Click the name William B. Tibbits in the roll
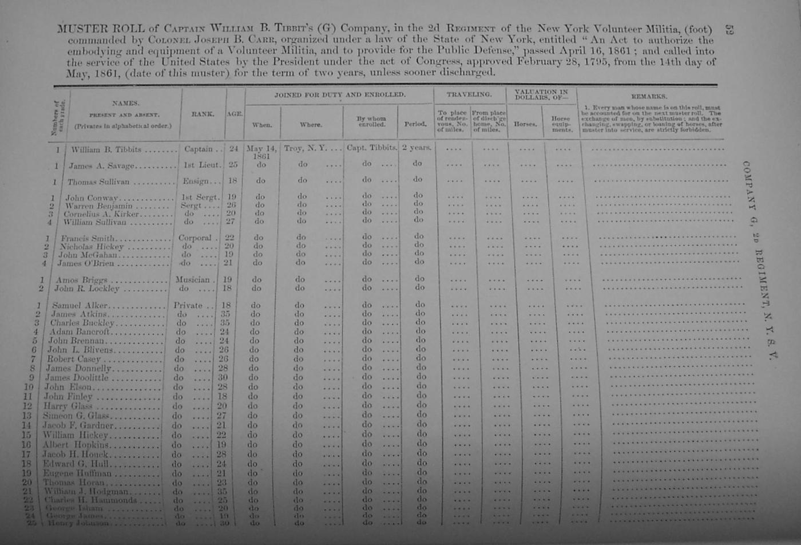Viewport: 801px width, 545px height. (x=106, y=149)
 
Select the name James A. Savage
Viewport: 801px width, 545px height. (x=102, y=166)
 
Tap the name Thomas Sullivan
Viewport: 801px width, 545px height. (x=98, y=182)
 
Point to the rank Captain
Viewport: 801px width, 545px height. (x=199, y=149)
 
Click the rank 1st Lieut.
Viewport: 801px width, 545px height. (x=201, y=165)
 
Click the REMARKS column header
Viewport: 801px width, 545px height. (x=649, y=96)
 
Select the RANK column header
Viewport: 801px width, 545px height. (x=203, y=114)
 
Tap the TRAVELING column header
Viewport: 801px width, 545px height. (x=469, y=94)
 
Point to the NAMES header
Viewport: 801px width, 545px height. (x=125, y=103)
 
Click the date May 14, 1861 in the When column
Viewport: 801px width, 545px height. (x=261, y=152)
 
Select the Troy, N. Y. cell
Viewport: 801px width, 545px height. (x=305, y=148)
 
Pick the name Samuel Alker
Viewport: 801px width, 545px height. (x=80, y=306)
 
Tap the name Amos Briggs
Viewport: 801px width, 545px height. (x=81, y=281)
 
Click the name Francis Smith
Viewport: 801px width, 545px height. (x=88, y=238)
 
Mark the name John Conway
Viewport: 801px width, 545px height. (x=91, y=198)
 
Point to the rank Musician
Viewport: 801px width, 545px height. (x=192, y=279)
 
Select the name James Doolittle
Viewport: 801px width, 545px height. (x=76, y=377)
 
